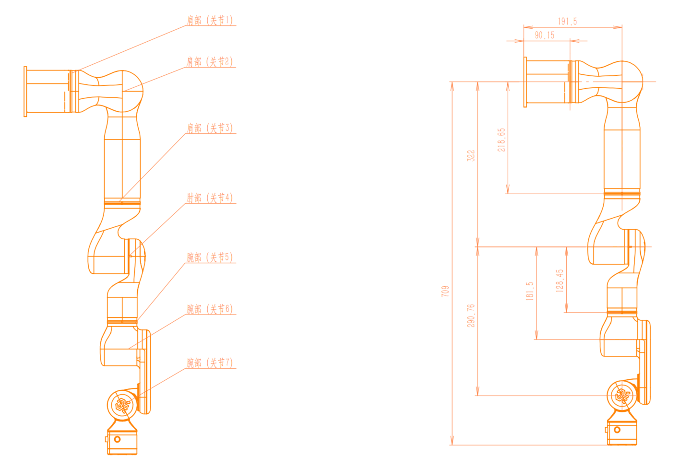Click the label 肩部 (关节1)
click(210, 20)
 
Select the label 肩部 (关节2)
click(210, 62)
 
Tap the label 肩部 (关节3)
click(210, 128)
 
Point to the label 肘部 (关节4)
click(210, 198)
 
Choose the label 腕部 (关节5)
click(210, 257)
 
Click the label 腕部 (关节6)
click(210, 309)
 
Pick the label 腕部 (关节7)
click(210, 363)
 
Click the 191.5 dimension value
click(568, 21)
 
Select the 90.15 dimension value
click(545, 35)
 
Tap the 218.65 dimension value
click(501, 140)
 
